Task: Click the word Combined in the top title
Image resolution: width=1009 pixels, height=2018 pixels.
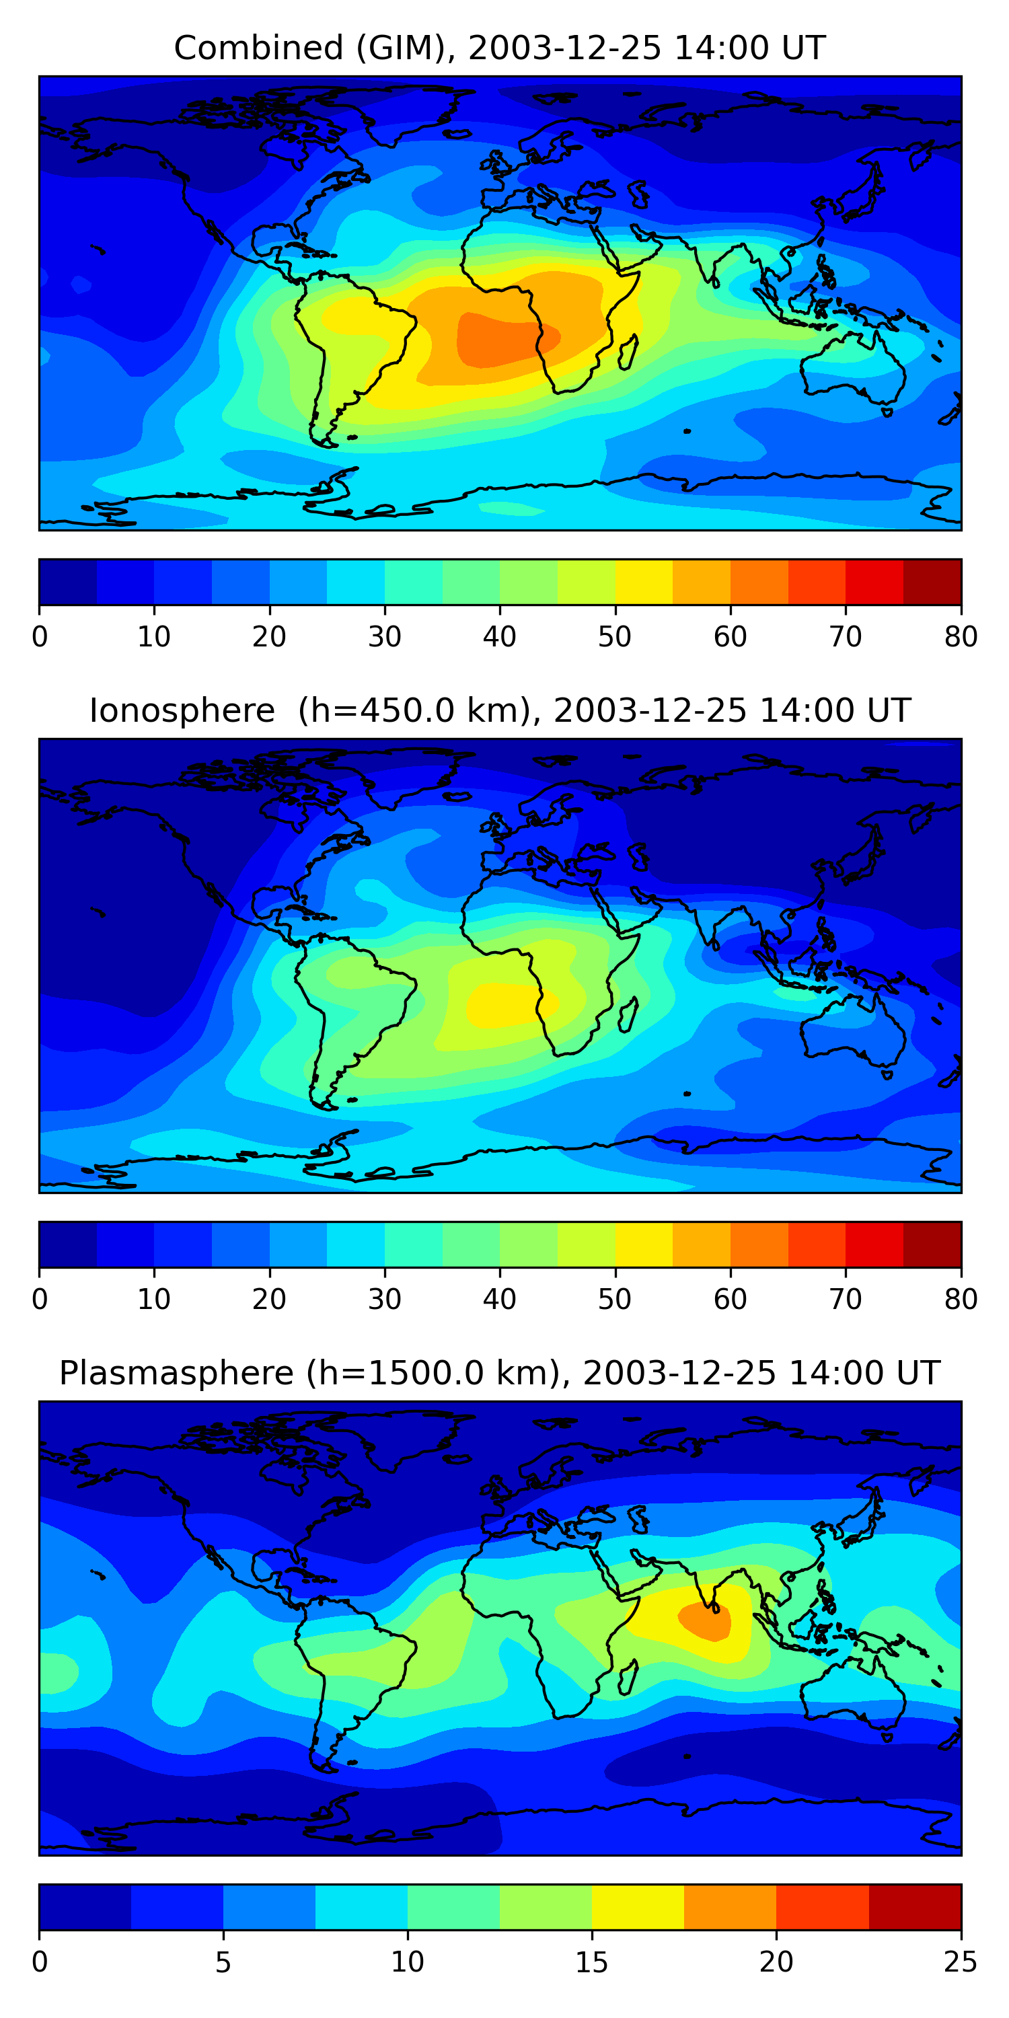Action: pyautogui.click(x=258, y=48)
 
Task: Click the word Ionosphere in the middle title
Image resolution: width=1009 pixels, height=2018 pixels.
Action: pyautogui.click(x=182, y=711)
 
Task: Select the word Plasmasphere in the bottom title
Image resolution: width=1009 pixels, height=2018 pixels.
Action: pyautogui.click(x=176, y=1374)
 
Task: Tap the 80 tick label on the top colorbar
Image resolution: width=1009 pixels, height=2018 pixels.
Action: pyautogui.click(x=961, y=637)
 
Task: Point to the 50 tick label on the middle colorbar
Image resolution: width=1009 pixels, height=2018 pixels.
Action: pyautogui.click(x=615, y=1299)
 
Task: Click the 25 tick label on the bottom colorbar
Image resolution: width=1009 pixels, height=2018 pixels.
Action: pyautogui.click(x=961, y=1961)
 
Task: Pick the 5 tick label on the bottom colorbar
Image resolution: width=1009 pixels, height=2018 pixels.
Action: pyautogui.click(x=223, y=1961)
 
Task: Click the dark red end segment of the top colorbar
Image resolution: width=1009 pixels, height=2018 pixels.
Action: pyautogui.click(x=932, y=582)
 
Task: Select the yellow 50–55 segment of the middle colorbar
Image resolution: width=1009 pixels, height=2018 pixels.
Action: pyautogui.click(x=644, y=1244)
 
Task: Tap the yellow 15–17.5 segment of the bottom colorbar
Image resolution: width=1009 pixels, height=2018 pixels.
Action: pyautogui.click(x=638, y=1907)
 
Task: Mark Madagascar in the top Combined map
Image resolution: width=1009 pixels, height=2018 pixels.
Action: pyautogui.click(x=628, y=352)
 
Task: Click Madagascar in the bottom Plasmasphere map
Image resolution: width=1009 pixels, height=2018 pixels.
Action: pyautogui.click(x=628, y=1678)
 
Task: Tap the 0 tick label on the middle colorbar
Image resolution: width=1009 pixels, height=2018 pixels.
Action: pyautogui.click(x=40, y=1299)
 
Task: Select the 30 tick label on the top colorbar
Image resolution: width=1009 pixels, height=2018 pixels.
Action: pyautogui.click(x=385, y=637)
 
